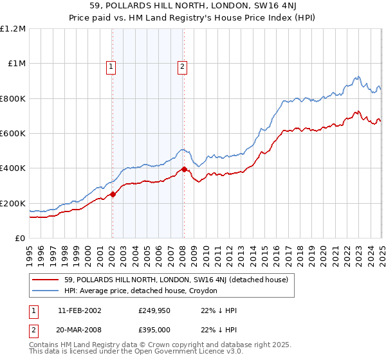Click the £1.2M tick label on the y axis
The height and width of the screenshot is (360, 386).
click(x=13, y=29)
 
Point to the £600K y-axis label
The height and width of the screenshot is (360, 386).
click(x=13, y=134)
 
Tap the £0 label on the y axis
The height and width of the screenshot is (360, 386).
click(x=20, y=239)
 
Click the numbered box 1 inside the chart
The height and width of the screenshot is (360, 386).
click(x=111, y=66)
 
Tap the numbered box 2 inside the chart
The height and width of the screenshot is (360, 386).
click(x=183, y=66)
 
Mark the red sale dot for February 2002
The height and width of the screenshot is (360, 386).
click(x=113, y=194)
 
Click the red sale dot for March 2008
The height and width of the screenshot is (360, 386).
click(x=184, y=169)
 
